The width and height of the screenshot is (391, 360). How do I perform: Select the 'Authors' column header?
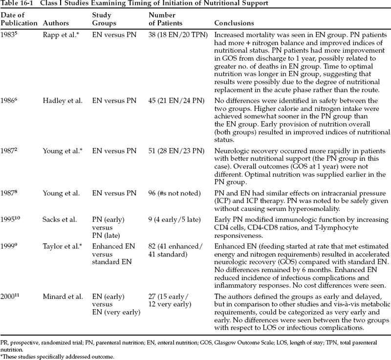55,23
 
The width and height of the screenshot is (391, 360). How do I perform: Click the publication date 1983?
8,35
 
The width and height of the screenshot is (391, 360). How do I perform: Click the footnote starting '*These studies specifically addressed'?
57,356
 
